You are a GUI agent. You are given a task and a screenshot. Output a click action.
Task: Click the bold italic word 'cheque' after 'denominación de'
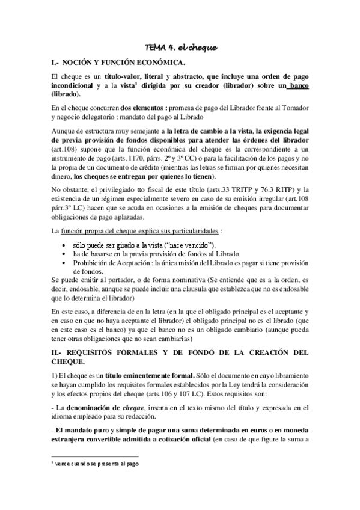pyautogui.click(x=133, y=408)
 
